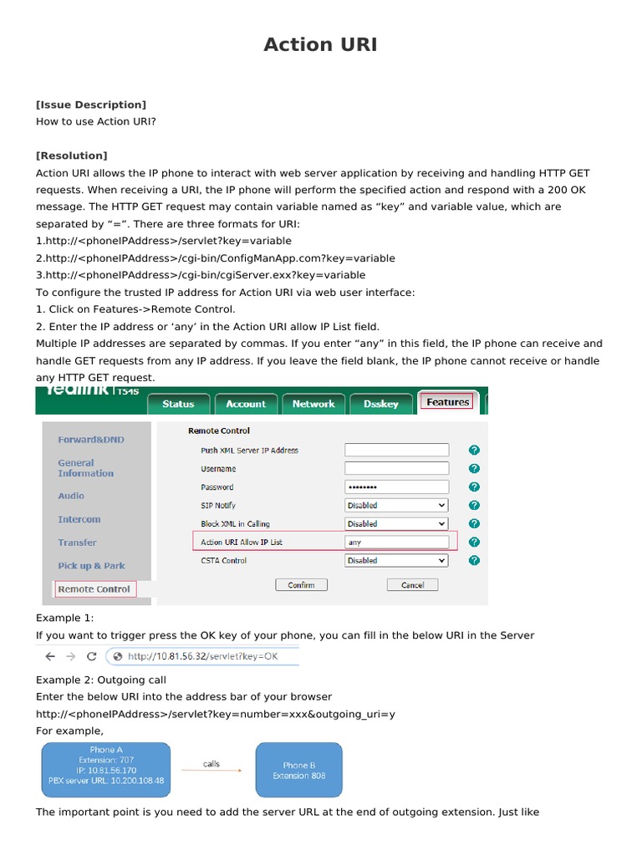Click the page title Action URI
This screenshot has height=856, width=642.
pos(320,45)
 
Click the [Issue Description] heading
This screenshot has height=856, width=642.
pos(90,104)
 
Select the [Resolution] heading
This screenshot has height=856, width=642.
pos(71,155)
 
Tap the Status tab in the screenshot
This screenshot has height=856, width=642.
pos(178,404)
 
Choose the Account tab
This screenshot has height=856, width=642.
pos(246,404)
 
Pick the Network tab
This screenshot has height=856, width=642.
pos(313,404)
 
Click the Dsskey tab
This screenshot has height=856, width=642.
pos(381,404)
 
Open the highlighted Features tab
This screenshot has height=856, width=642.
pos(448,402)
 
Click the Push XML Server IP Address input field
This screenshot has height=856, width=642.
pos(396,450)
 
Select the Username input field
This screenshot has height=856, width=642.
pos(396,468)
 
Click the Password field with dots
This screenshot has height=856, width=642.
pos(396,487)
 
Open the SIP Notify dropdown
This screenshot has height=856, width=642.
pos(396,505)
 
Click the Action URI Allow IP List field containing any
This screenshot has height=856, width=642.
pos(396,542)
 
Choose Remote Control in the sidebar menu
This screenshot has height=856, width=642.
pos(94,589)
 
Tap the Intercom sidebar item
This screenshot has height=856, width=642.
pos(79,519)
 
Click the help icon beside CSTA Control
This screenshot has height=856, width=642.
pos(474,560)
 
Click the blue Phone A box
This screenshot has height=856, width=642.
pos(106,770)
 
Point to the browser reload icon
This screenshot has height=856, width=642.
pos(92,656)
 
